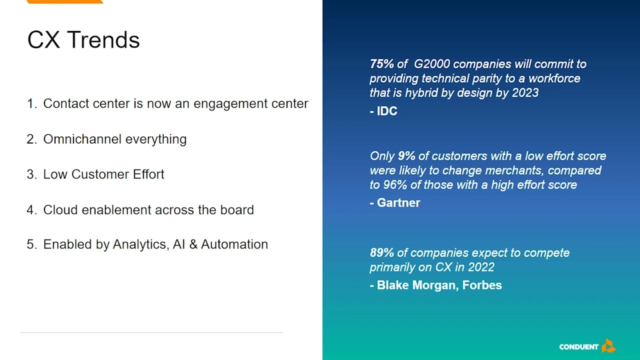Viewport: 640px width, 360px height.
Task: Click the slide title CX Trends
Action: point(83,40)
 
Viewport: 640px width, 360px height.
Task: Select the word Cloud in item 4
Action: point(60,210)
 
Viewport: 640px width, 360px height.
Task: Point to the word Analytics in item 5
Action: point(139,244)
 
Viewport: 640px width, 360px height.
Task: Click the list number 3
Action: point(31,174)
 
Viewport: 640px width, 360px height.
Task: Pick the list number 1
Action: point(31,103)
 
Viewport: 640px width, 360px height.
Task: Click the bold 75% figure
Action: point(382,64)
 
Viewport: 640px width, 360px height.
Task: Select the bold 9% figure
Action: point(406,156)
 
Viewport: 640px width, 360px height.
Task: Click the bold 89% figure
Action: point(382,253)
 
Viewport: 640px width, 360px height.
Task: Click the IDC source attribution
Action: point(387,111)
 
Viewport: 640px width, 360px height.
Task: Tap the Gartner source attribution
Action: point(398,202)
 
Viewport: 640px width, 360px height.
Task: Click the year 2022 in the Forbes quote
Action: point(481,267)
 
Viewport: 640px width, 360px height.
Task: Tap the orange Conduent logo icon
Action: point(608,346)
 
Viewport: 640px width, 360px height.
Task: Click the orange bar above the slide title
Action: point(64,1)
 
